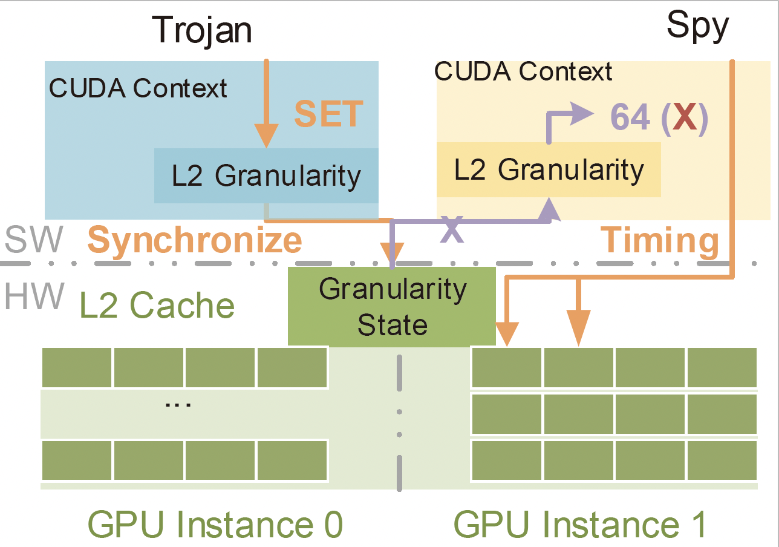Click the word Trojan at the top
pyautogui.click(x=202, y=31)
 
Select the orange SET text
pyautogui.click(x=328, y=113)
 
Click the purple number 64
pyautogui.click(x=630, y=117)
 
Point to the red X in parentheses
pyautogui.click(x=685, y=117)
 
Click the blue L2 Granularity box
pyautogui.click(x=266, y=175)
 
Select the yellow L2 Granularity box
pyautogui.click(x=549, y=169)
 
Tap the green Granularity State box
pyautogui.click(x=391, y=306)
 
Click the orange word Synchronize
pyautogui.click(x=195, y=240)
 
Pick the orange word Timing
pyautogui.click(x=659, y=240)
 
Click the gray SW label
pyautogui.click(x=34, y=239)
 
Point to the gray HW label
pyautogui.click(x=34, y=296)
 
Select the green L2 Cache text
pyautogui.click(x=157, y=305)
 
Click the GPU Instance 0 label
pyautogui.click(x=215, y=524)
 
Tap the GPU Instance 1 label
pyautogui.click(x=580, y=524)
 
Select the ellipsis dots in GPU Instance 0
pyautogui.click(x=178, y=404)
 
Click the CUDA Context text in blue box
pyautogui.click(x=138, y=88)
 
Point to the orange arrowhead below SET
pyautogui.click(x=266, y=136)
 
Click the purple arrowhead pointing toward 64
pyautogui.click(x=582, y=113)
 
